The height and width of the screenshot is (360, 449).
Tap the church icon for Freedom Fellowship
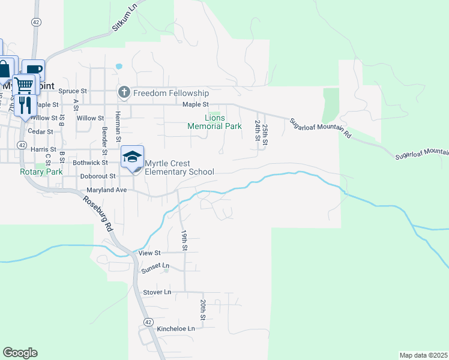point(124,92)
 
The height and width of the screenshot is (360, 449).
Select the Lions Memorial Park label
point(214,122)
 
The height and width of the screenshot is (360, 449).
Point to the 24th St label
point(257,130)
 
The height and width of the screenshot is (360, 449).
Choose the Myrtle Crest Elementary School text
point(179,168)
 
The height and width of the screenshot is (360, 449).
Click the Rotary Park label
point(41,172)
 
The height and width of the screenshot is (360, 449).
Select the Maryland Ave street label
point(106,190)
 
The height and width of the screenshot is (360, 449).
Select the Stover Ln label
point(157,292)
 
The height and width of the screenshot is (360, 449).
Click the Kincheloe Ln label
point(176,329)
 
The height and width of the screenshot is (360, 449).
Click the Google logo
point(20,353)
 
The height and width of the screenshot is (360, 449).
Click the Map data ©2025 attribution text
point(423,355)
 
